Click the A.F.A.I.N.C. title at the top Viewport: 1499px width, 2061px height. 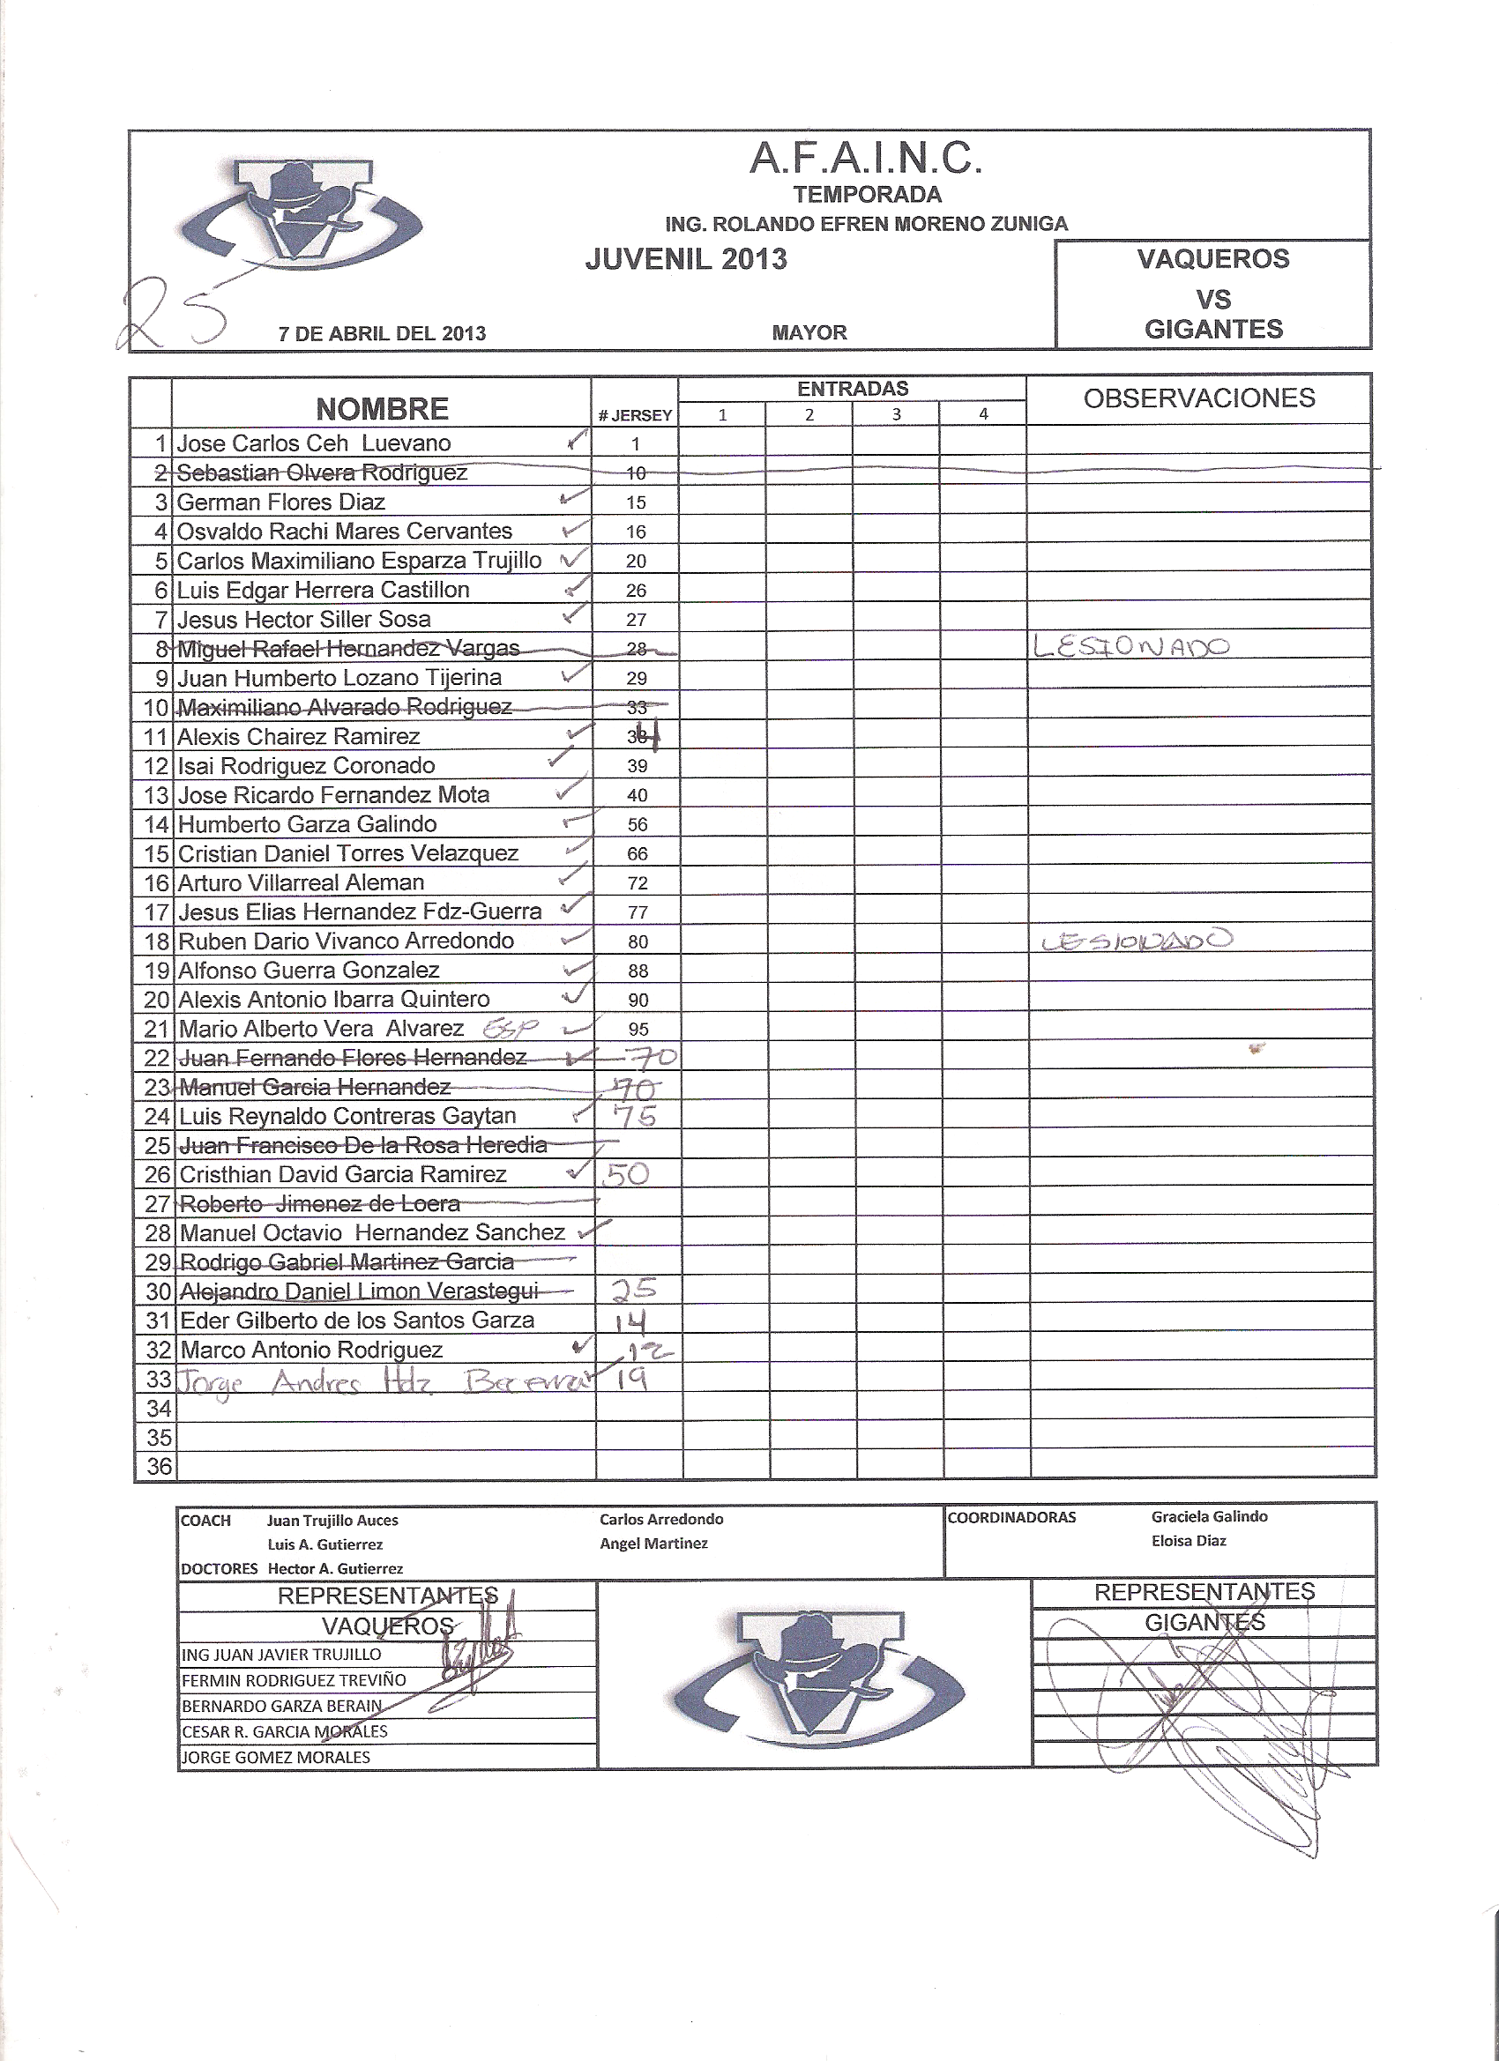pos(865,159)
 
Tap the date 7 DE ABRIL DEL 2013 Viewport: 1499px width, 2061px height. pos(382,333)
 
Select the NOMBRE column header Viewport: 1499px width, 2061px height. pos(382,409)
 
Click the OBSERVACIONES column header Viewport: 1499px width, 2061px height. pos(1199,398)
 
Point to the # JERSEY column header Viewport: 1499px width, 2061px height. pos(636,415)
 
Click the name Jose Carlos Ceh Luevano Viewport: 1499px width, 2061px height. pos(314,443)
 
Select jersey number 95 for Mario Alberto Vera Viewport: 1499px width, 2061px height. pos(638,1029)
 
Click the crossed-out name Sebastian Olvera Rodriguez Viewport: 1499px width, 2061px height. pos(322,472)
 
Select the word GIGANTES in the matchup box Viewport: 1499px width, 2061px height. pos(1213,329)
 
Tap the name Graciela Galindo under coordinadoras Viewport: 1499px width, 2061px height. pos(1209,1517)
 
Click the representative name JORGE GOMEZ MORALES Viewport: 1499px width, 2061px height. pos(276,1758)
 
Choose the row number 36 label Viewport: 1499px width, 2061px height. pos(158,1466)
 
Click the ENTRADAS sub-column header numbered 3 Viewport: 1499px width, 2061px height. pos(896,414)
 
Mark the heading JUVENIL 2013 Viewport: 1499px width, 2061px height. pos(686,259)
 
